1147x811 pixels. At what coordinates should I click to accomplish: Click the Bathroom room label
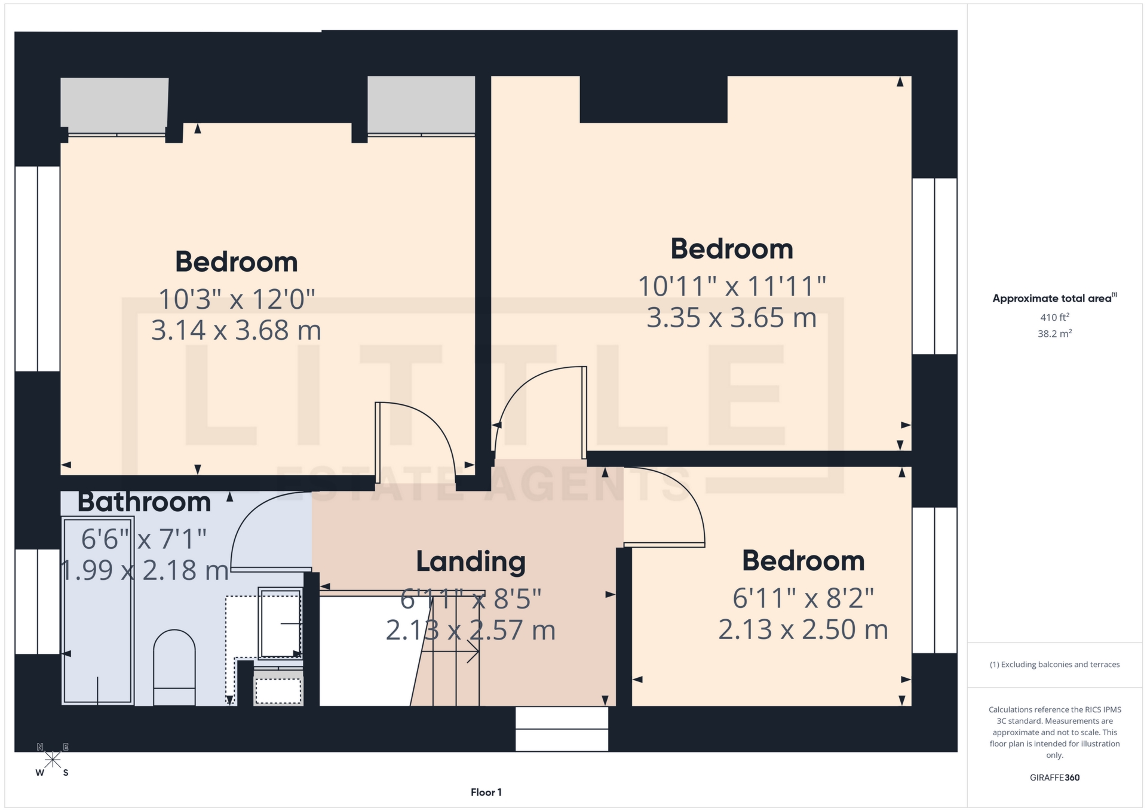[x=144, y=502]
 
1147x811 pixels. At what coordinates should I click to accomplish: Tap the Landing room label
[x=471, y=562]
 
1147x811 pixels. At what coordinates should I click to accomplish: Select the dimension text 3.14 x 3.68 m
[x=236, y=331]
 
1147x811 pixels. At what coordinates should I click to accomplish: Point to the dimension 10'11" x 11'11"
[x=732, y=287]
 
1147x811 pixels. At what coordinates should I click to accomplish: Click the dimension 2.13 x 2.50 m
[x=803, y=630]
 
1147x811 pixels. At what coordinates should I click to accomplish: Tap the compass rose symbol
[x=53, y=760]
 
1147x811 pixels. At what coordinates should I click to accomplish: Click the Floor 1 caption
[x=486, y=792]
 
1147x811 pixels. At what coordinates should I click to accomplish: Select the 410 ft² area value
[x=1054, y=318]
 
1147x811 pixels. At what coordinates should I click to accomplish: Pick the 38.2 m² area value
[x=1054, y=334]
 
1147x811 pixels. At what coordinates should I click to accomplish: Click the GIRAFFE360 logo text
[x=1054, y=778]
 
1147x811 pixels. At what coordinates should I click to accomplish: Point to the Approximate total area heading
[x=1054, y=298]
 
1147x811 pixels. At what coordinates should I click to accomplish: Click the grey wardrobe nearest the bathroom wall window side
[x=114, y=102]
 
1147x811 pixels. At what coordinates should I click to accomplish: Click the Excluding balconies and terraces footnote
[x=1054, y=665]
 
